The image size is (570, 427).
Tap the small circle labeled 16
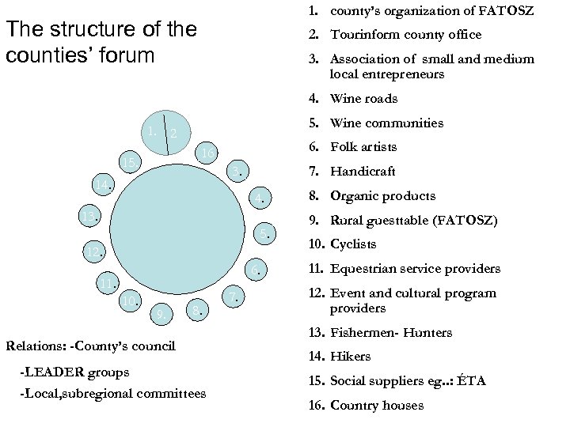(x=205, y=153)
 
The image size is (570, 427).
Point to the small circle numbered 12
(x=93, y=252)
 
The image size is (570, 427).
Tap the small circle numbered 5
(x=266, y=232)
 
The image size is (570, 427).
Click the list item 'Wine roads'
(x=363, y=99)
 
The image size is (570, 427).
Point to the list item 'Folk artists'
(x=363, y=147)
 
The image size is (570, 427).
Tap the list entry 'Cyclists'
(x=353, y=244)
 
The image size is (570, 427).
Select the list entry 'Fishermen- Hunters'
(x=390, y=333)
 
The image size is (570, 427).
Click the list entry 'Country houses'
(x=376, y=406)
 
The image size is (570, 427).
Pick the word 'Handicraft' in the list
(x=363, y=172)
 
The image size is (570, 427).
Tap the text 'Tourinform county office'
(x=405, y=35)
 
